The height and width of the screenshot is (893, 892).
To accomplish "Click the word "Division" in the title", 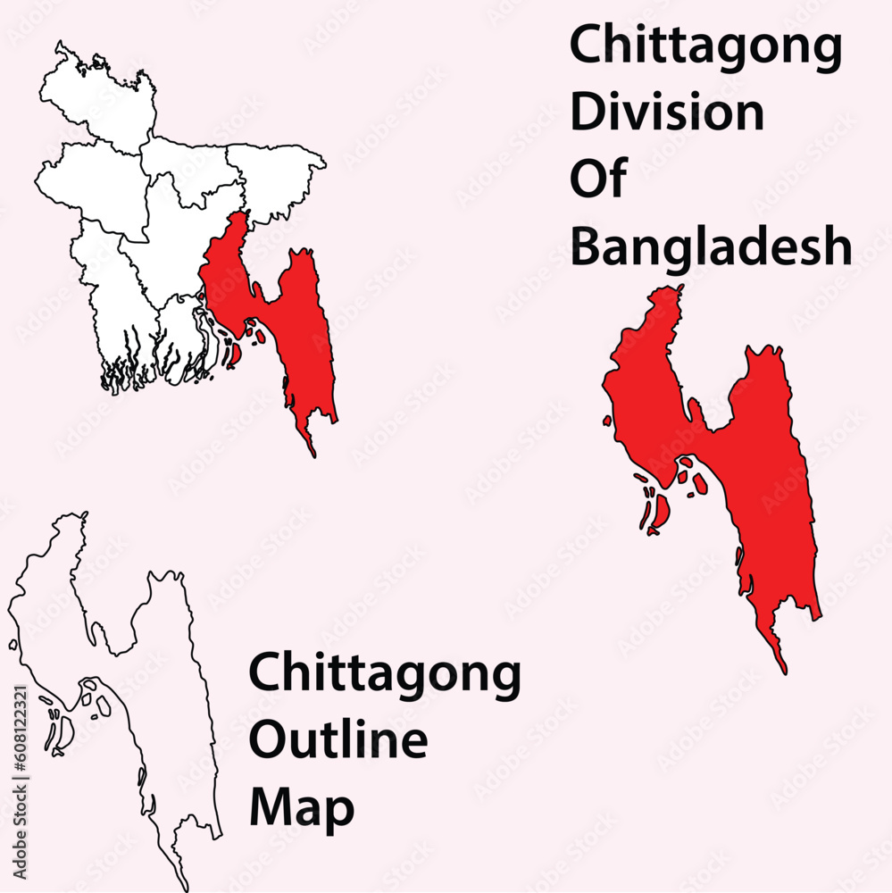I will pyautogui.click(x=667, y=113).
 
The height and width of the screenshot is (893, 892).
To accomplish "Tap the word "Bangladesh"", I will pyautogui.click(x=711, y=247).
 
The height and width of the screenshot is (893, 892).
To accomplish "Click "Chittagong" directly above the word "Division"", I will pyautogui.click(x=705, y=46).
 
